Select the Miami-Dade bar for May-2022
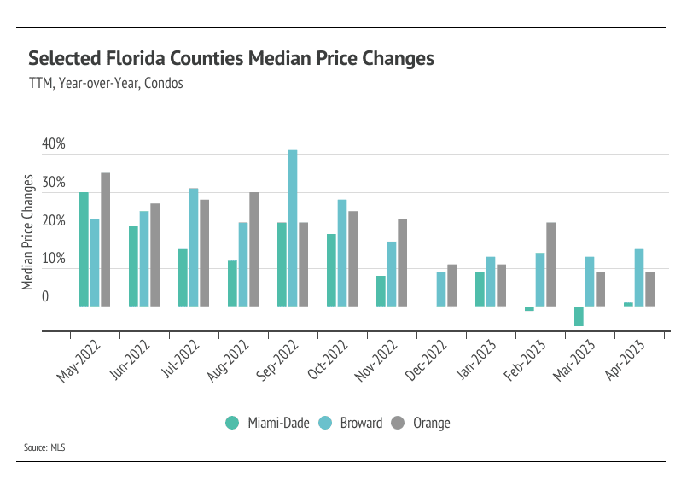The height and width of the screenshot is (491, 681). (x=84, y=248)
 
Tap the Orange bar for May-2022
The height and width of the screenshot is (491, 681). (x=105, y=239)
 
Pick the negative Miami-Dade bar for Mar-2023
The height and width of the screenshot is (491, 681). (x=579, y=316)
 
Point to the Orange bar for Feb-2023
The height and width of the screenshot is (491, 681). (x=550, y=264)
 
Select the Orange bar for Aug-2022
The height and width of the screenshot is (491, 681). (x=253, y=248)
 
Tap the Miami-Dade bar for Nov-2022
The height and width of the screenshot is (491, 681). (x=381, y=290)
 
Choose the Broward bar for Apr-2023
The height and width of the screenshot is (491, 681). (x=639, y=278)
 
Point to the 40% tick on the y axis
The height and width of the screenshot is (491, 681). (x=54, y=144)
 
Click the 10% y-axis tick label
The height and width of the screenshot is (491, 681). (x=54, y=259)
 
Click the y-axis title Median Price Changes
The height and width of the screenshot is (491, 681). (x=29, y=231)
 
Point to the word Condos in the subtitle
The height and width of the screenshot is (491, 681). (x=166, y=84)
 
